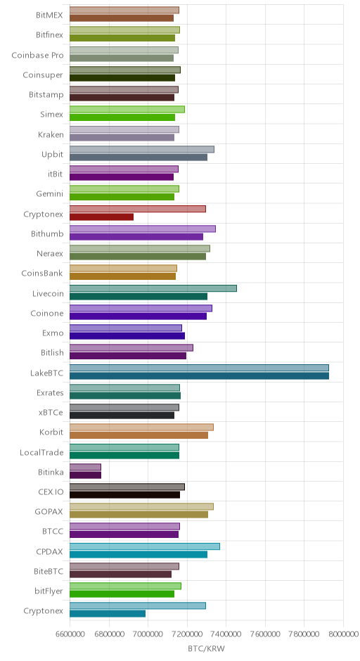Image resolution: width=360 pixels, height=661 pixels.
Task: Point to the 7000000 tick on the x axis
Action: pos(148,634)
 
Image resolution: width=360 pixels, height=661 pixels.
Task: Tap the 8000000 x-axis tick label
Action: pos(343,634)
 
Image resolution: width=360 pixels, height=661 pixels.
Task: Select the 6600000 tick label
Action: pos(70,634)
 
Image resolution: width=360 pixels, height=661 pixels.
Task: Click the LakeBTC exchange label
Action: pos(47,373)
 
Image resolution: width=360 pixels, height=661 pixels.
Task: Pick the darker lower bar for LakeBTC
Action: pos(199,376)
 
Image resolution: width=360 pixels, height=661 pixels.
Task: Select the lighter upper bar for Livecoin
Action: pos(153,288)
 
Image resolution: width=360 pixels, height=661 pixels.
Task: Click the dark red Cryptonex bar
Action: pos(101,217)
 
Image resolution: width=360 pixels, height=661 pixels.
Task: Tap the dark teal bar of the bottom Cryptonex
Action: pos(108,614)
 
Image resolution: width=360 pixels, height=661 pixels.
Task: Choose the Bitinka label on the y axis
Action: pos(51,472)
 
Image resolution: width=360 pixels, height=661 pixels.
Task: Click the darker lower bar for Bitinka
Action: pos(85,475)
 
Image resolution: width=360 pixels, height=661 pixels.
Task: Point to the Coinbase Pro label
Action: pos(37,56)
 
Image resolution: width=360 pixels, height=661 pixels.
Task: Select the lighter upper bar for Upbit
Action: pos(141,149)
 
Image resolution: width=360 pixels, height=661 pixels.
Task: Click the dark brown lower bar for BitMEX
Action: pos(122,18)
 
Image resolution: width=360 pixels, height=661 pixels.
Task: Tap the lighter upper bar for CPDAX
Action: pos(145,546)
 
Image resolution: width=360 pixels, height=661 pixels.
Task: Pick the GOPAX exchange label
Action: pos(49,512)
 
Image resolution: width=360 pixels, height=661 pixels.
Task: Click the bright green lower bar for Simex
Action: pos(122,117)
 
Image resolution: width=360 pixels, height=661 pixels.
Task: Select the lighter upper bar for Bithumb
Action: pos(143,229)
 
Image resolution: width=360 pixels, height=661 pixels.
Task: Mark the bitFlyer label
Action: pos(49,591)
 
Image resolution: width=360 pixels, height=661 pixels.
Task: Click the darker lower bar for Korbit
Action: pos(139,435)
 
